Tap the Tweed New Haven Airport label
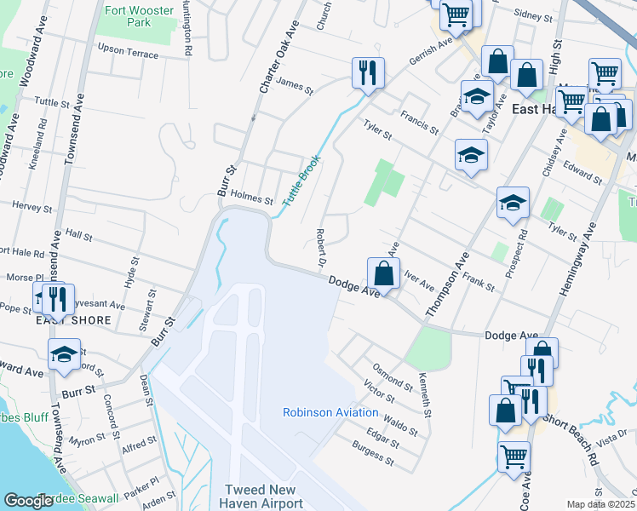[x=263, y=497]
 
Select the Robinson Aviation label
[x=330, y=413]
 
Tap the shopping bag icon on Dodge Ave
[x=384, y=274]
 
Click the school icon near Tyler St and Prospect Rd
[x=513, y=204]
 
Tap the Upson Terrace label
[x=129, y=53]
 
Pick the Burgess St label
[x=373, y=456]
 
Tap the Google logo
[x=28, y=501]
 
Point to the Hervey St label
[x=32, y=207]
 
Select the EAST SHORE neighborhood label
[x=73, y=320]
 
